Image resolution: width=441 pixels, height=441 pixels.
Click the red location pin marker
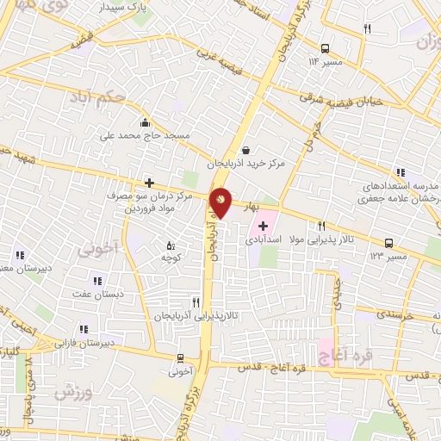[221, 202]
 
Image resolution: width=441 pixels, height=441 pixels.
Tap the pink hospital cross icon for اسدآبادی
[263, 226]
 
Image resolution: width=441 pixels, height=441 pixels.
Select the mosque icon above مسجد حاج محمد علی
[145, 121]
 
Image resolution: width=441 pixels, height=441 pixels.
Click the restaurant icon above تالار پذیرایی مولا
[320, 226]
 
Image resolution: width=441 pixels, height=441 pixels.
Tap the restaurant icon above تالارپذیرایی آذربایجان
[196, 302]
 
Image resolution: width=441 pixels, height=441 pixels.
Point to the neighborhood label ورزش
[73, 392]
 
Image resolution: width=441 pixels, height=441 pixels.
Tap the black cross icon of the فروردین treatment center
[149, 182]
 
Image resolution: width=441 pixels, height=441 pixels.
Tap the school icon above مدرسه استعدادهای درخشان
[399, 173]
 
